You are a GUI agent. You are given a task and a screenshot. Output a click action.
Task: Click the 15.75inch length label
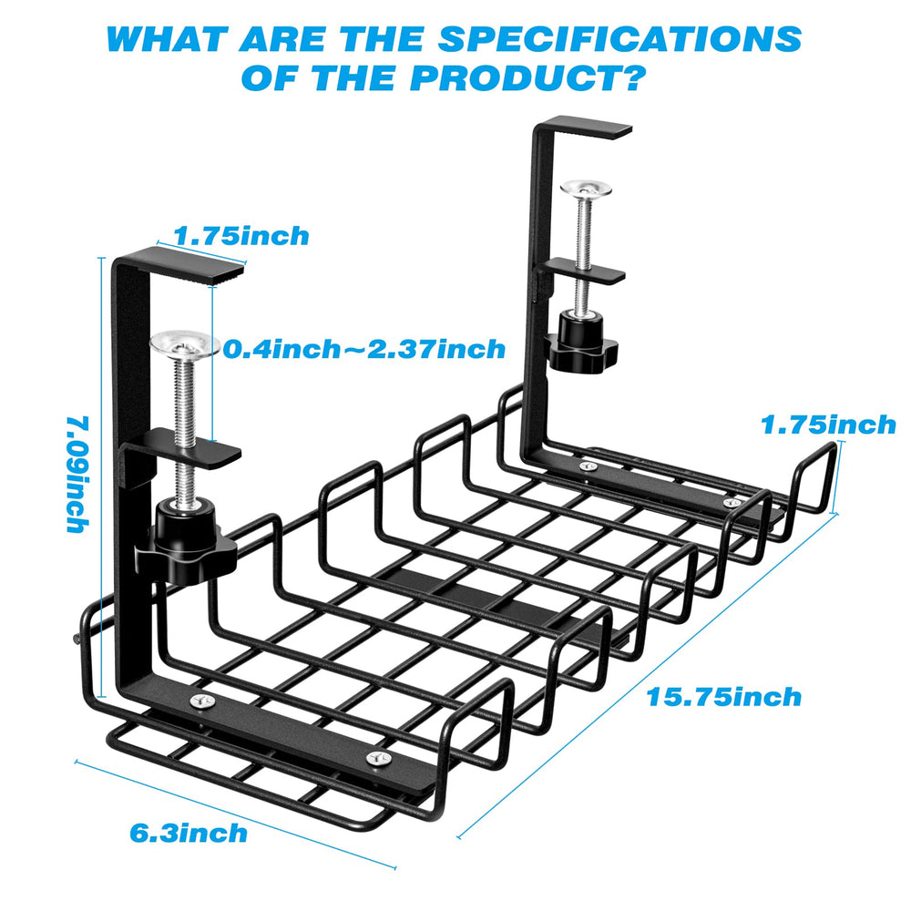(724, 698)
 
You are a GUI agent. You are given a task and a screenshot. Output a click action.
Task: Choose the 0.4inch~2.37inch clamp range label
(364, 349)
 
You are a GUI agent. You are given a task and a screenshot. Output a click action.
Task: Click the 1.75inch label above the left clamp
(241, 236)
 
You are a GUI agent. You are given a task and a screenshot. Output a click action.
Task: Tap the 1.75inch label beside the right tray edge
(828, 425)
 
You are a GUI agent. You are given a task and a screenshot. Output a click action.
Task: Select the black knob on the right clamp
(582, 343)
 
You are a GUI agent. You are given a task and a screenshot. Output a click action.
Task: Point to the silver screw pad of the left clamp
(183, 344)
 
